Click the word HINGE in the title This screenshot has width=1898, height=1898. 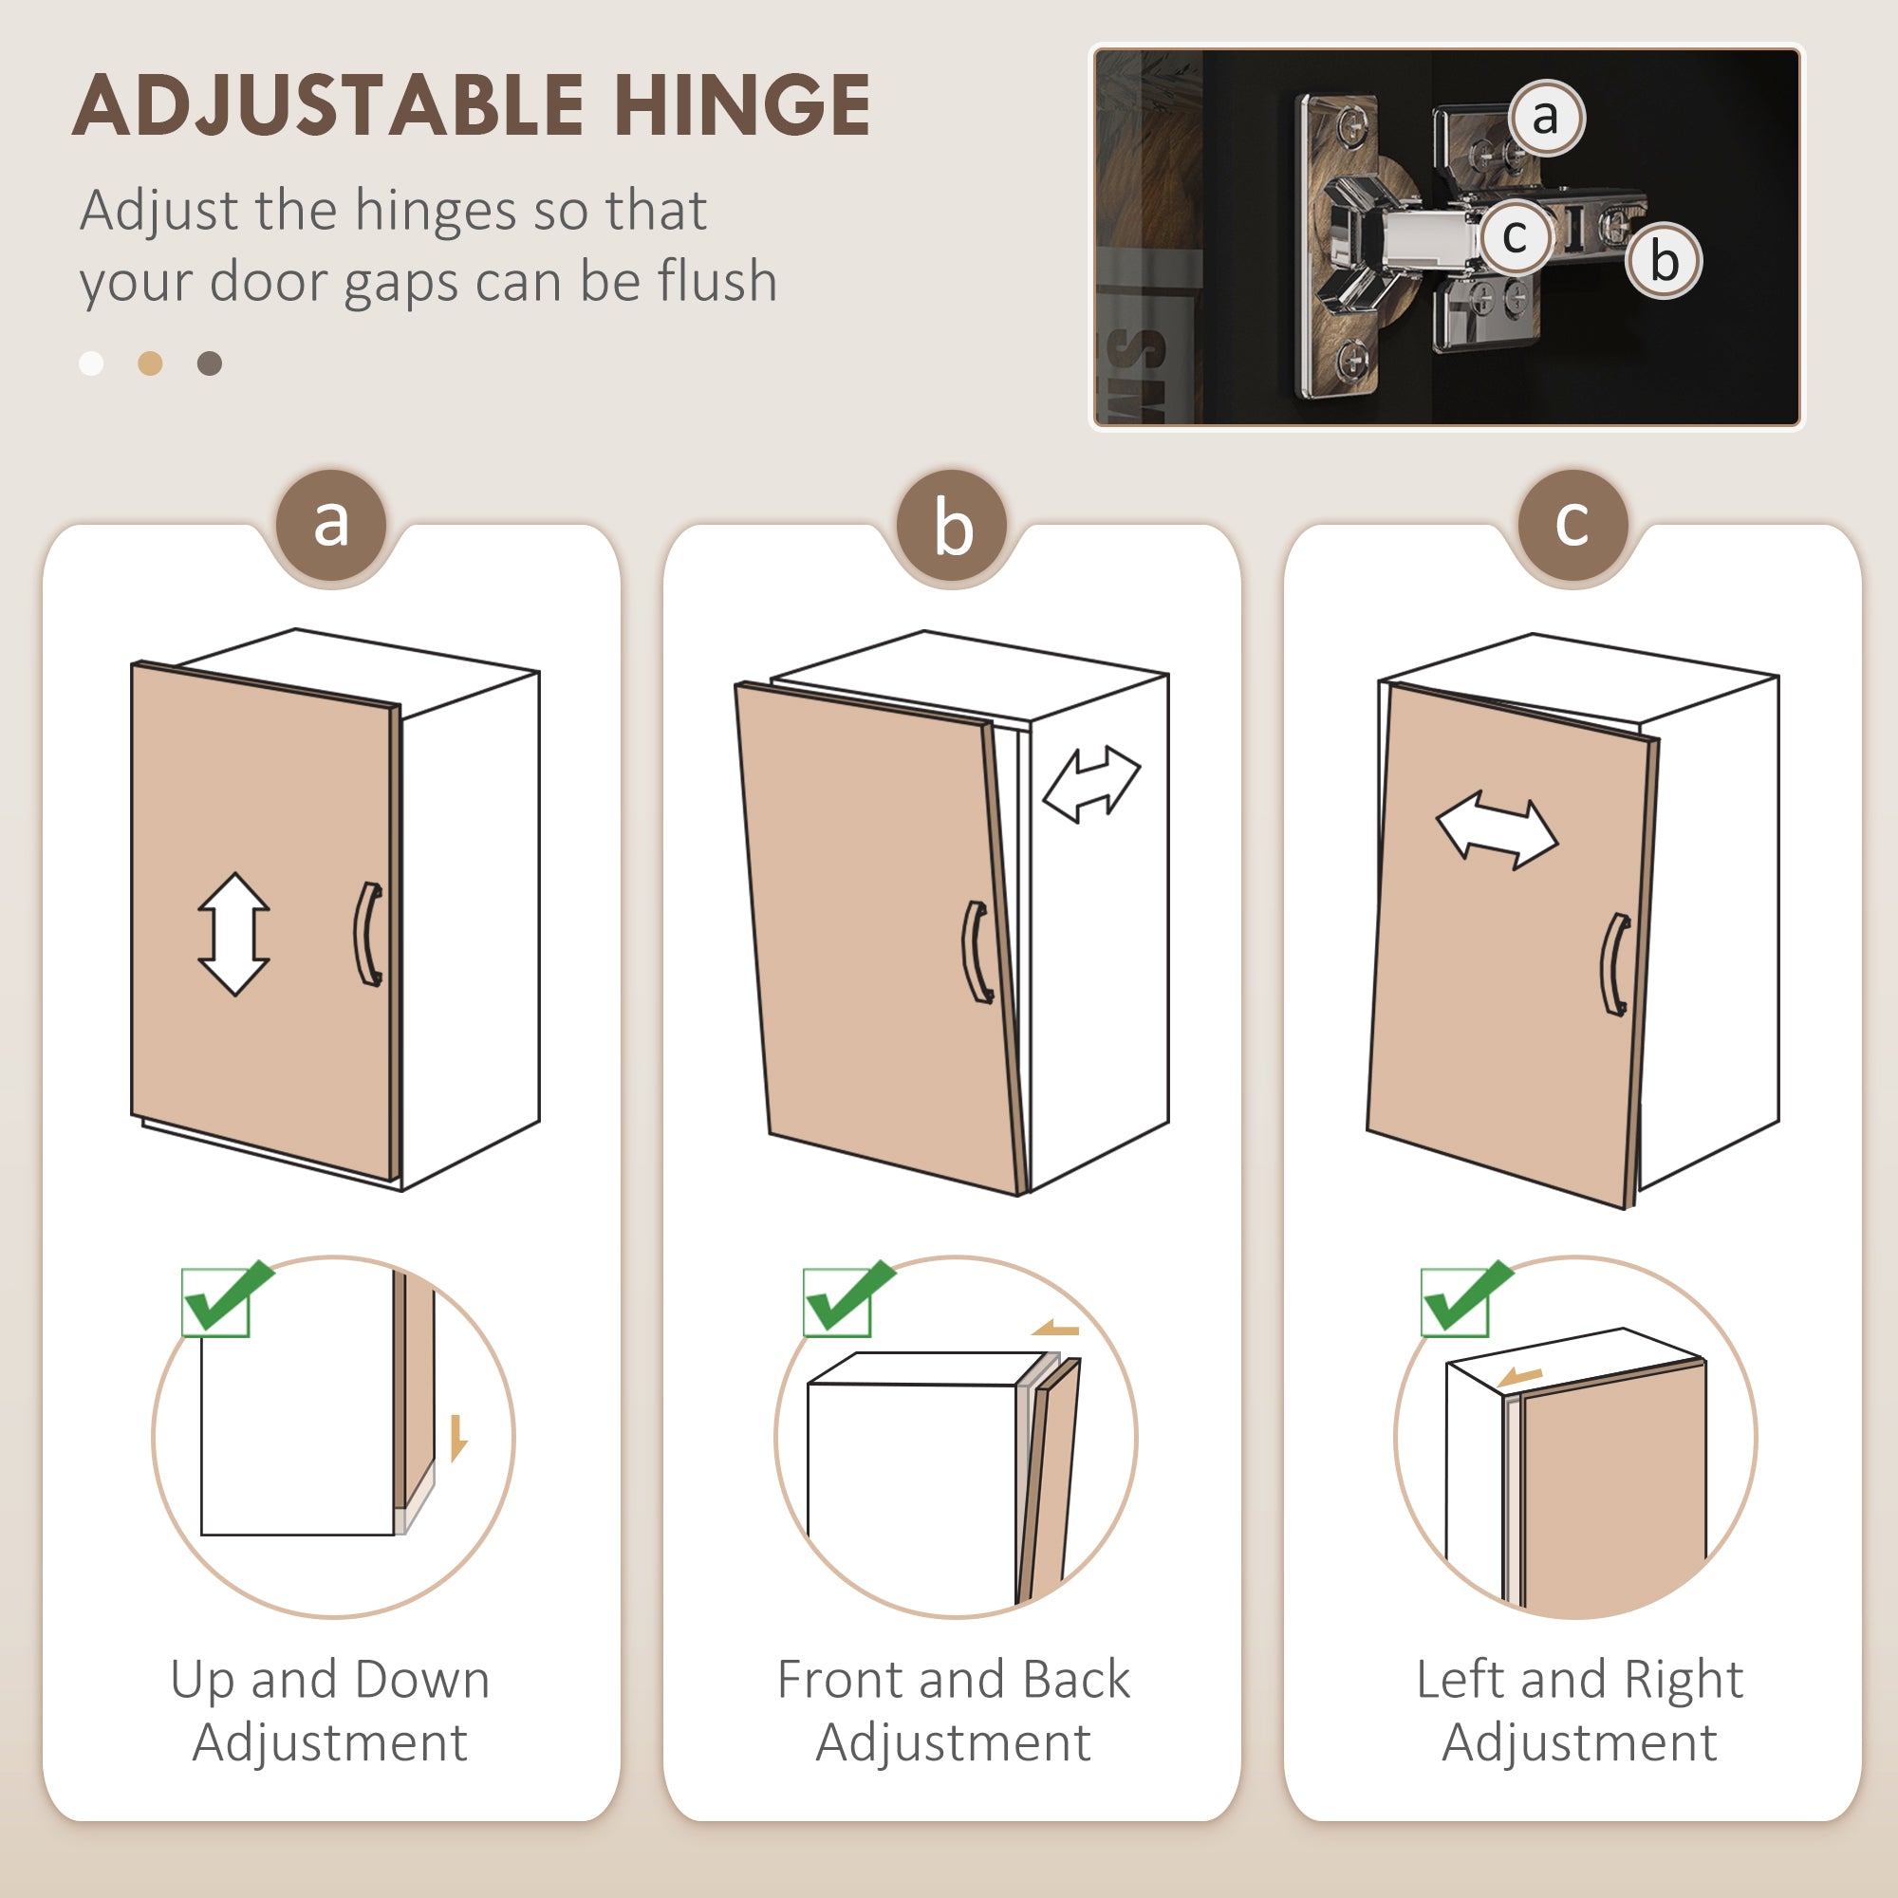pyautogui.click(x=743, y=105)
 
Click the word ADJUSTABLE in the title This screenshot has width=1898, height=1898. pyautogui.click(x=328, y=105)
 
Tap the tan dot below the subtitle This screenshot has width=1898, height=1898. pyautogui.click(x=150, y=363)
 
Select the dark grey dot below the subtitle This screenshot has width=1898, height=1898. pyautogui.click(x=209, y=363)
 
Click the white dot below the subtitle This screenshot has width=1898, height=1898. pyautogui.click(x=91, y=363)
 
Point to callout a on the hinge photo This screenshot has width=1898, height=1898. pyautogui.click(x=1545, y=118)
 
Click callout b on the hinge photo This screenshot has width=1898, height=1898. pyautogui.click(x=1664, y=260)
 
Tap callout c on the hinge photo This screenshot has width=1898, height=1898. pyautogui.click(x=1515, y=236)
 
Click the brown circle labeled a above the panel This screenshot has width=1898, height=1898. pyautogui.click(x=332, y=526)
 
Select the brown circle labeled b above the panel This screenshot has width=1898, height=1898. pyautogui.click(x=953, y=526)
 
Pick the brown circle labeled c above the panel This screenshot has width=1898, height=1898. pyautogui.click(x=1572, y=526)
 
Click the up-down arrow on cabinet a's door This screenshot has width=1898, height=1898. pyautogui.click(x=233, y=934)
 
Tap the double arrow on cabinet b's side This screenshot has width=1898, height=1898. pyautogui.click(x=1091, y=784)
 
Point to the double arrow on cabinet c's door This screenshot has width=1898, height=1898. pyautogui.click(x=1498, y=832)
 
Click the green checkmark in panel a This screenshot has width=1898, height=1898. pyautogui.click(x=229, y=1296)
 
